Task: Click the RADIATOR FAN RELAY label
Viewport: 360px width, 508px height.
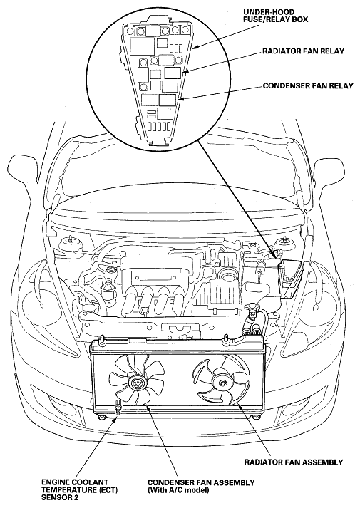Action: (x=303, y=51)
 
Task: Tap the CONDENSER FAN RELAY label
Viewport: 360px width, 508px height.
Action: (x=308, y=86)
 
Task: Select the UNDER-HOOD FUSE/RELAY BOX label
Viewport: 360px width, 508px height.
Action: (x=275, y=16)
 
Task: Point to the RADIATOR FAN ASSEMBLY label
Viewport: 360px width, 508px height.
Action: (x=294, y=462)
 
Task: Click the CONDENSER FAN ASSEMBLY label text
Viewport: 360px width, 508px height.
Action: (x=201, y=482)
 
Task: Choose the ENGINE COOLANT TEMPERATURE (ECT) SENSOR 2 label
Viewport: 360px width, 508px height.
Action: (x=79, y=490)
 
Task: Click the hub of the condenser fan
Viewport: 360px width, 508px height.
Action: (x=136, y=383)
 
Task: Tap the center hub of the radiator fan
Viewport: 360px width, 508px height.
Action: (x=222, y=383)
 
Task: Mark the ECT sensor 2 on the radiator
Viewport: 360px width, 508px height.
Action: (x=118, y=408)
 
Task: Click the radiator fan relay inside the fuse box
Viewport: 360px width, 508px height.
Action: (x=172, y=73)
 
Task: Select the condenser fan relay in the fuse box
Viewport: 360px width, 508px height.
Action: (x=168, y=100)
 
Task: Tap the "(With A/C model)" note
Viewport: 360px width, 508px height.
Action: (x=178, y=490)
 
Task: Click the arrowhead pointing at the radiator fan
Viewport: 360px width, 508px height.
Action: (x=239, y=405)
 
